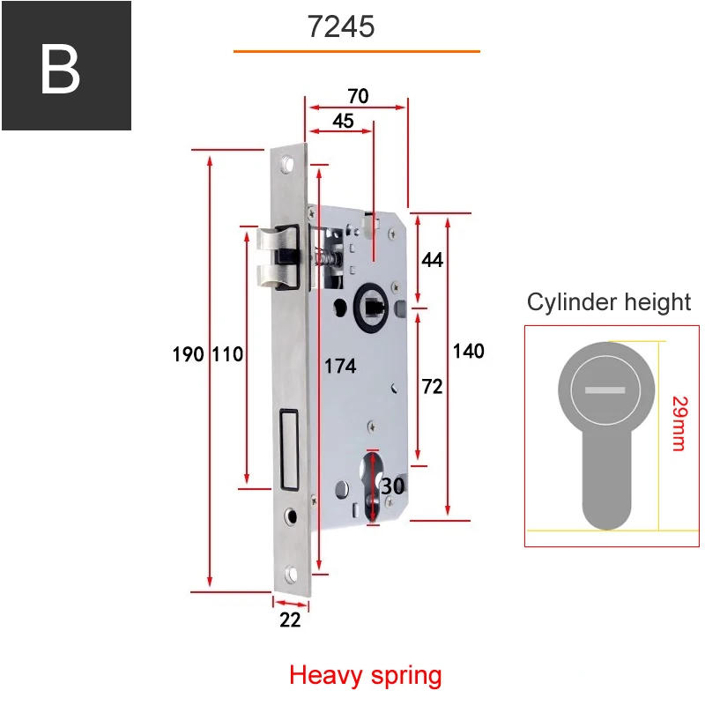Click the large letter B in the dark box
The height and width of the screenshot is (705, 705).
tap(60, 68)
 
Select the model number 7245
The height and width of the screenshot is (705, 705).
tap(341, 26)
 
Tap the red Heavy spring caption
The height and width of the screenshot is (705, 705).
tap(365, 676)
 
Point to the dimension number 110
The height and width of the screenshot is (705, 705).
tap(226, 354)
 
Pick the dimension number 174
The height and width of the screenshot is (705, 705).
tap(339, 364)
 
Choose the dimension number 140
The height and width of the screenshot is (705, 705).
tap(468, 351)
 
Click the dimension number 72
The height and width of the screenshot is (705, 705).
tap(432, 386)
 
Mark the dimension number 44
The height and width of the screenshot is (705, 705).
tap(432, 260)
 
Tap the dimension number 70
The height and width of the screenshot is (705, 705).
tap(357, 96)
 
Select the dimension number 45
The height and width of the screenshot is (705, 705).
tap(343, 121)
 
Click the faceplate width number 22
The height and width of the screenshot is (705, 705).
tap(290, 620)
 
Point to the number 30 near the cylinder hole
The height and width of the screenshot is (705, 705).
tap(392, 486)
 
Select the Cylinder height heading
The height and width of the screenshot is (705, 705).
tap(608, 302)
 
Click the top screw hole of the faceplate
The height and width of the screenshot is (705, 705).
tap(287, 165)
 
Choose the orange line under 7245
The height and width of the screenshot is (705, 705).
tap(356, 52)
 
